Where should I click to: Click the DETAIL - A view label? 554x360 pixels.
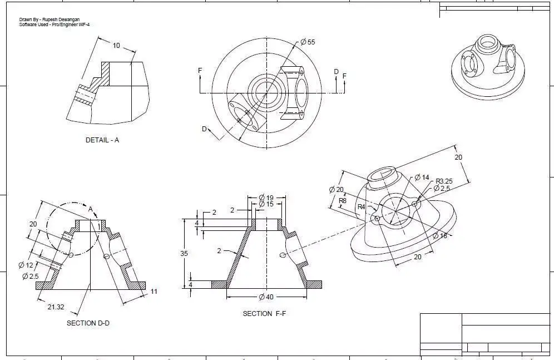(102, 140)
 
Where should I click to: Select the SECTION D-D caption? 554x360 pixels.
(88, 323)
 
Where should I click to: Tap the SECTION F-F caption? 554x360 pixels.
(264, 314)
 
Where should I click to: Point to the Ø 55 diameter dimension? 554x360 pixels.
(308, 42)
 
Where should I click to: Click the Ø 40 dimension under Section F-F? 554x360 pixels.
(266, 297)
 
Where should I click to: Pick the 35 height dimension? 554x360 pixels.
(184, 254)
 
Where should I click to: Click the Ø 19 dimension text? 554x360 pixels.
(266, 198)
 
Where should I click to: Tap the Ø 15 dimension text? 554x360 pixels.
(266, 204)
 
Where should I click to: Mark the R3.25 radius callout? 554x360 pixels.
(444, 181)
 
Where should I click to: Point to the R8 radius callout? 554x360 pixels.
(343, 200)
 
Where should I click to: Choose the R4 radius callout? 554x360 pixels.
(362, 207)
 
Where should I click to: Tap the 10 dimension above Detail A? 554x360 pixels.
(116, 46)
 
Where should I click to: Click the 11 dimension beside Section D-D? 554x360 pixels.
(154, 292)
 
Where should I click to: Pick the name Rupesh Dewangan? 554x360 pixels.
(58, 19)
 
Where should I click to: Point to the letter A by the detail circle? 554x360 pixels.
(91, 209)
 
